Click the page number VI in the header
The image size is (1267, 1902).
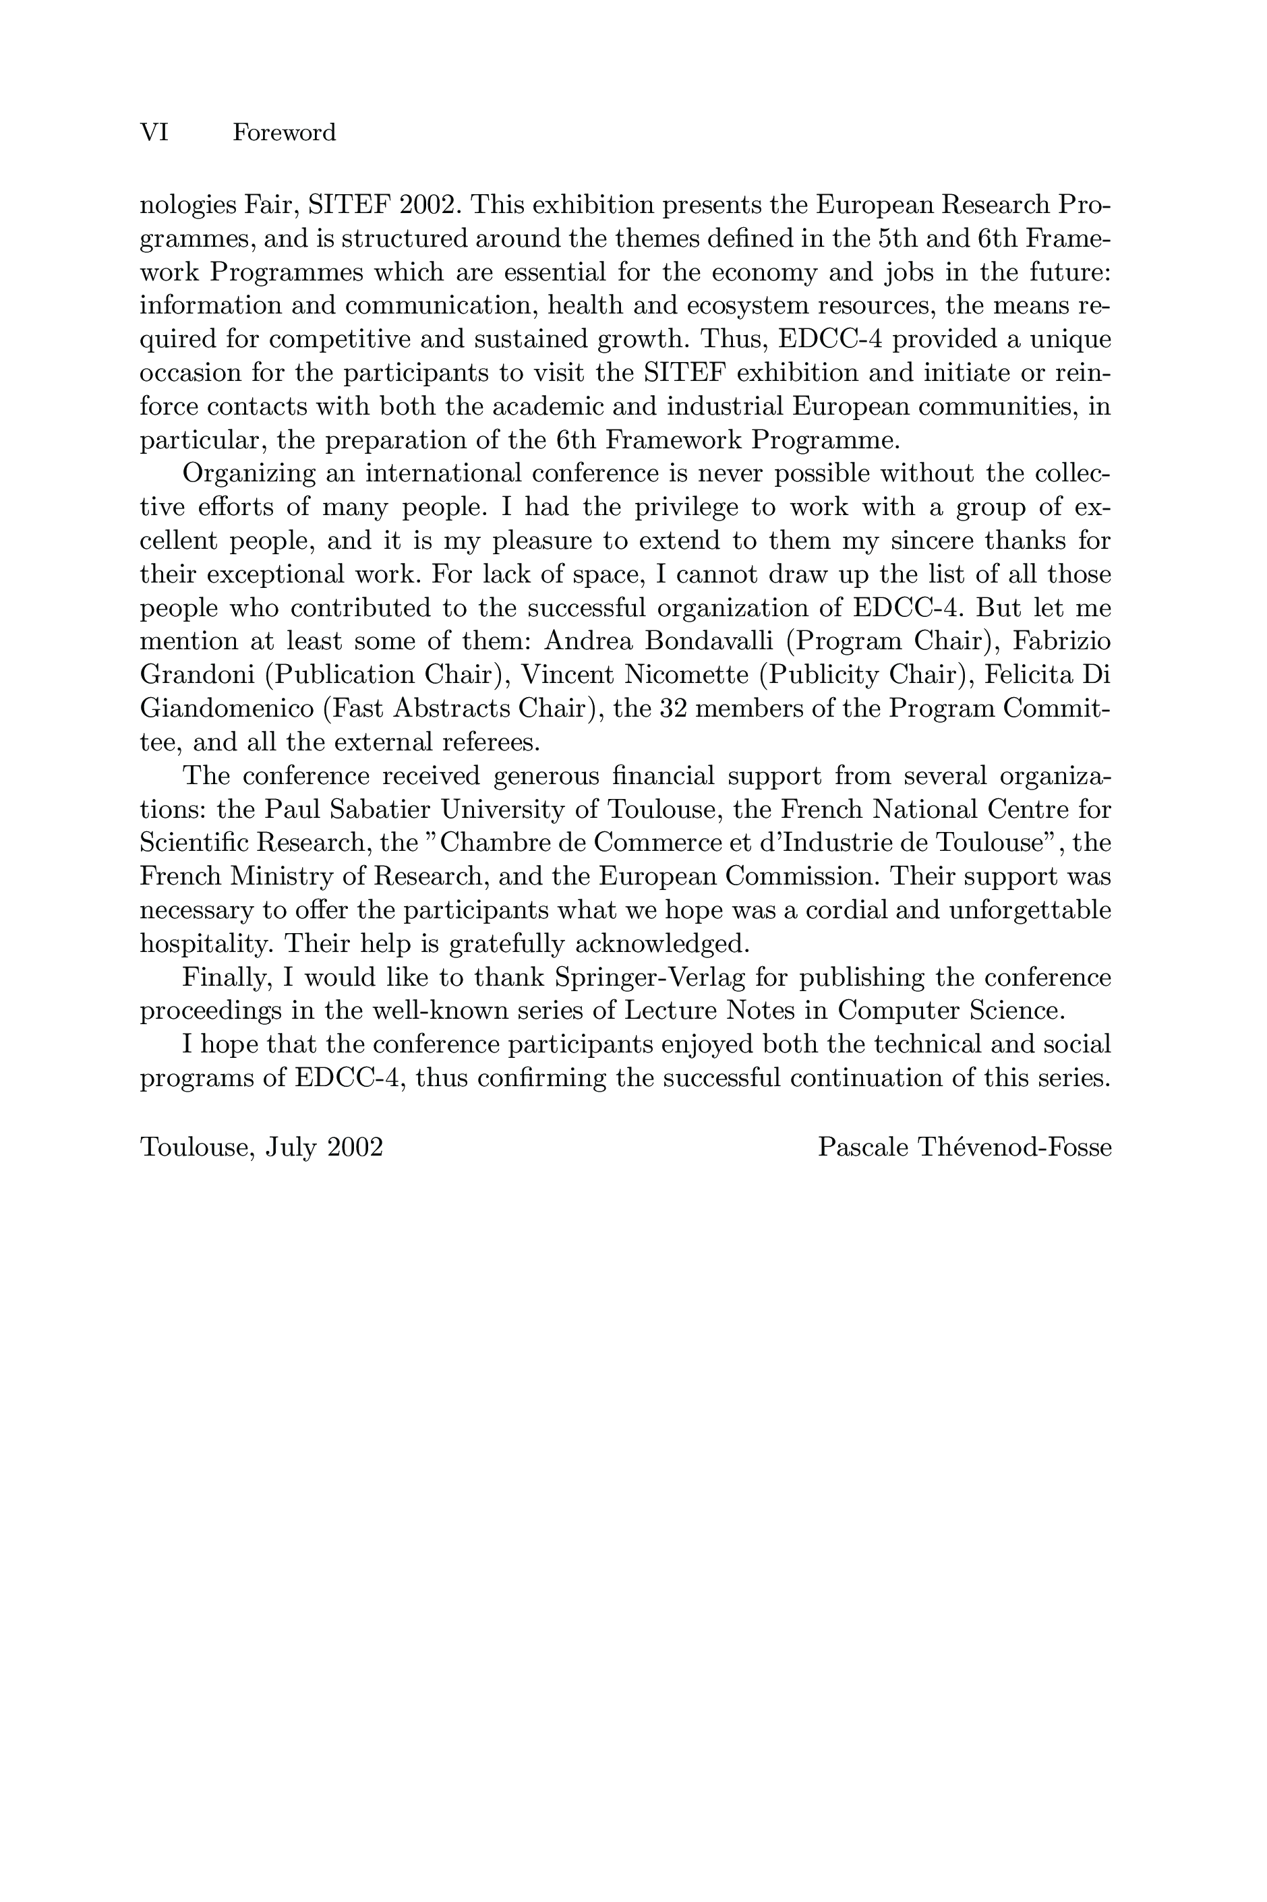154,133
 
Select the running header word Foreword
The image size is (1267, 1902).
284,133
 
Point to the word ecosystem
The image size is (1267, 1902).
765,306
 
